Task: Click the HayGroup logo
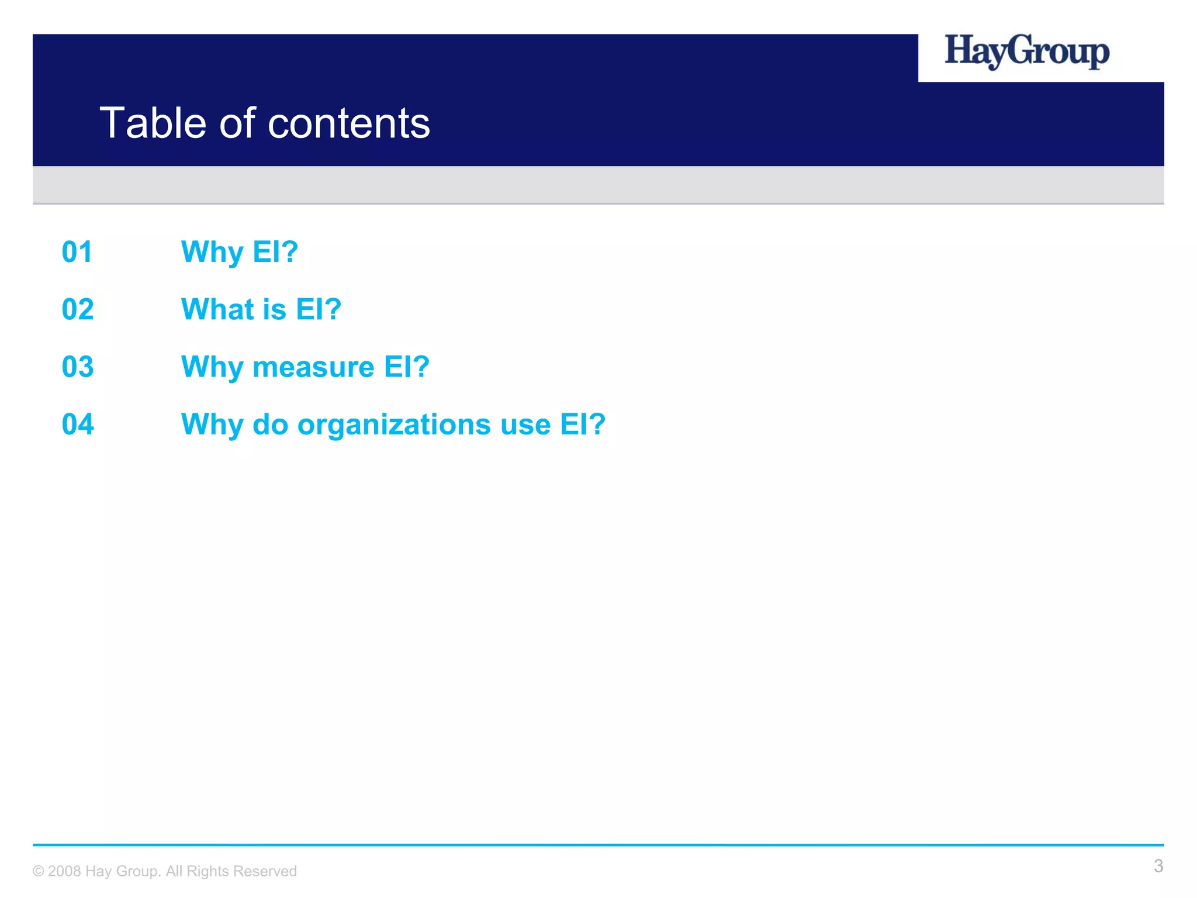[1026, 52]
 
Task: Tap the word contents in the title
[349, 123]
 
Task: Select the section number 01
[77, 253]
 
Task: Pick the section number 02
[78, 310]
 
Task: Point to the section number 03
[78, 367]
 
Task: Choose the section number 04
[78, 424]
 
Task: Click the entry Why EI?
[240, 253]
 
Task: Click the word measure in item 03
[313, 367]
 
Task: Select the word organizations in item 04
[395, 425]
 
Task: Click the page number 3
[1158, 866]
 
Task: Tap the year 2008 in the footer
[64, 871]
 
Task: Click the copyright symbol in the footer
[38, 872]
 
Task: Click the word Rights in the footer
[207, 872]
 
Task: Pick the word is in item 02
[274, 309]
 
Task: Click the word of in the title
[237, 123]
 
